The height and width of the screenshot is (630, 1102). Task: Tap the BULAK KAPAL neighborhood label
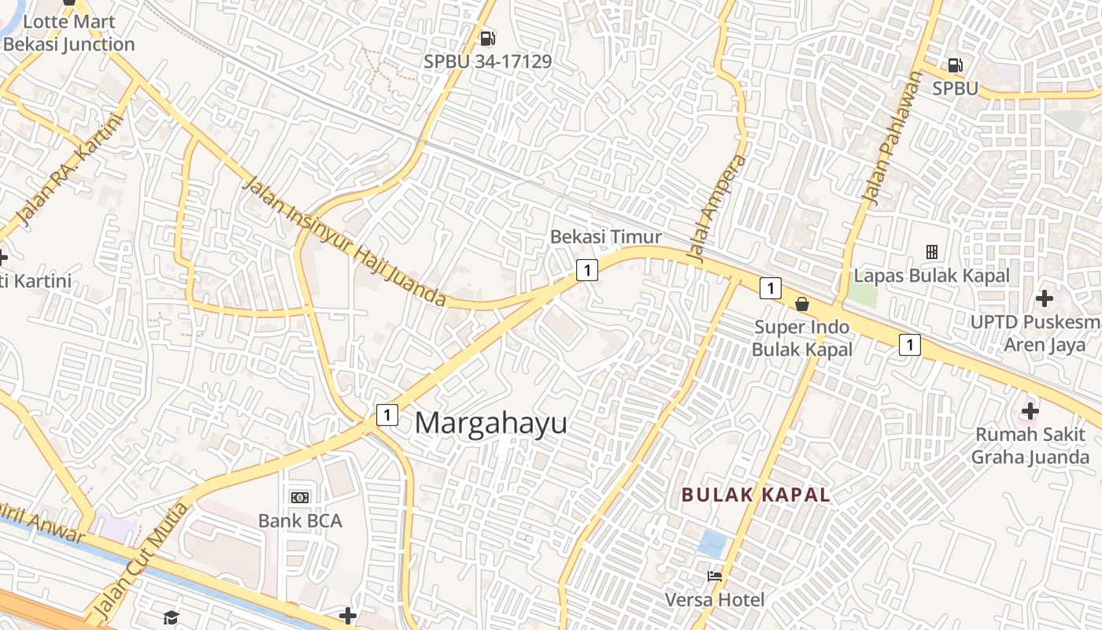tap(756, 495)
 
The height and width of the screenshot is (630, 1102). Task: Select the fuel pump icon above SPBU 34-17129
tap(488, 38)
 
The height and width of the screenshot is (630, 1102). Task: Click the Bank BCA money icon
tap(300, 497)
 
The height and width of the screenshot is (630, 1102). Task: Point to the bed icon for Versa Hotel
tap(715, 576)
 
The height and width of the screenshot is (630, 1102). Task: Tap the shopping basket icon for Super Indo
tap(802, 303)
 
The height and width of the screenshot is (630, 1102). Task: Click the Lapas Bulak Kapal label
tap(931, 276)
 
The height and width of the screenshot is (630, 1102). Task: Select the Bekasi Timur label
tap(605, 236)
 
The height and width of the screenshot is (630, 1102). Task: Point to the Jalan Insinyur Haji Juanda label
tap(344, 243)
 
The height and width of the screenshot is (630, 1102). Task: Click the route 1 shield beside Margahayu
tap(386, 414)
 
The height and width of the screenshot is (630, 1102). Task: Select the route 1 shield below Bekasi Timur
tap(586, 270)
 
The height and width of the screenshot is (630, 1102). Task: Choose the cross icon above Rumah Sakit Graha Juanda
tap(1030, 410)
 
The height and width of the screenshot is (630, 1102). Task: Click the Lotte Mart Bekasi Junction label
tap(69, 33)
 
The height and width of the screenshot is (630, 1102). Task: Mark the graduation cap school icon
tap(172, 617)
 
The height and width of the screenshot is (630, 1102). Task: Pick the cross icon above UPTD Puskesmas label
tap(1045, 298)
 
